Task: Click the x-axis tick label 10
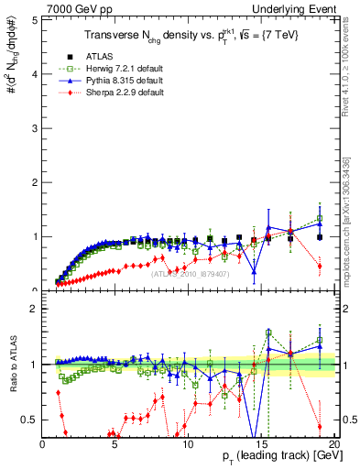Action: [187, 443]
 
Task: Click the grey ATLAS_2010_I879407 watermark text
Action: [189, 272]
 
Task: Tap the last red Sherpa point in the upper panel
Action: [319, 266]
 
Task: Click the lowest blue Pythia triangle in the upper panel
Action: [254, 271]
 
